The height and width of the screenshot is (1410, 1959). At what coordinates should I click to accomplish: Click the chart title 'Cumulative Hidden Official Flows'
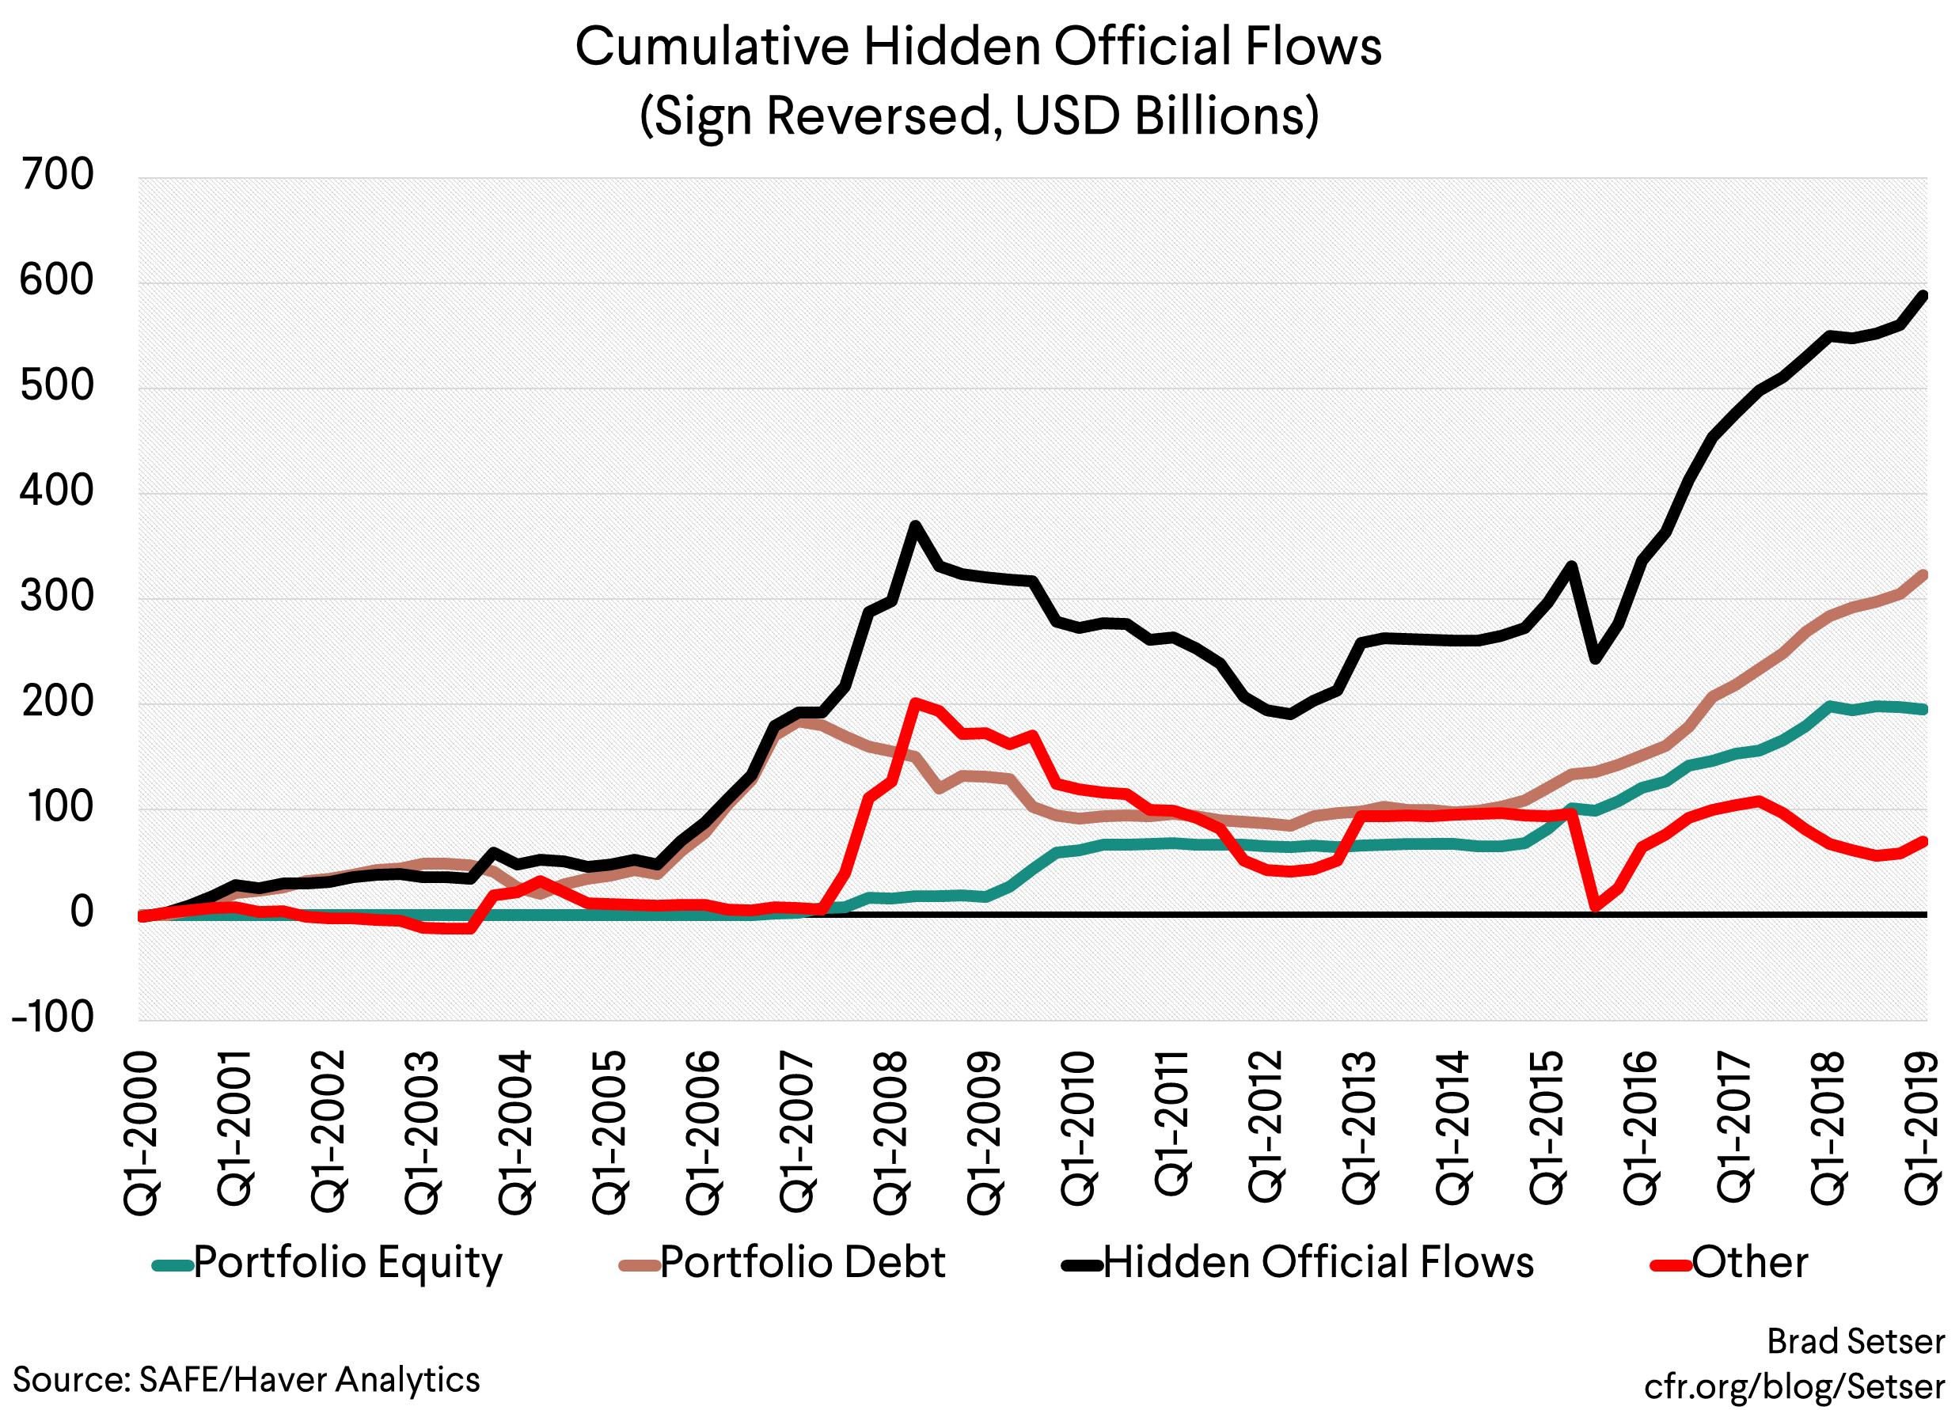[978, 47]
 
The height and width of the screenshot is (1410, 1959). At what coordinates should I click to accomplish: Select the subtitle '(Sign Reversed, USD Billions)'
[978, 116]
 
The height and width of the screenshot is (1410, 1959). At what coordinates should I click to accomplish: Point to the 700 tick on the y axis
[57, 176]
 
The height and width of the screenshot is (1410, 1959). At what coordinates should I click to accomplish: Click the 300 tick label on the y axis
[57, 597]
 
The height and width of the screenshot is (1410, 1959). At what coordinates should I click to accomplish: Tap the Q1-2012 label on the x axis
[1266, 1127]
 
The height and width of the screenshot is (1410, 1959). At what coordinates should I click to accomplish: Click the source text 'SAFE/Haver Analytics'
[309, 1379]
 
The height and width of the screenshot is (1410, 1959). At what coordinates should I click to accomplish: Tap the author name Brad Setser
[1855, 1341]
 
